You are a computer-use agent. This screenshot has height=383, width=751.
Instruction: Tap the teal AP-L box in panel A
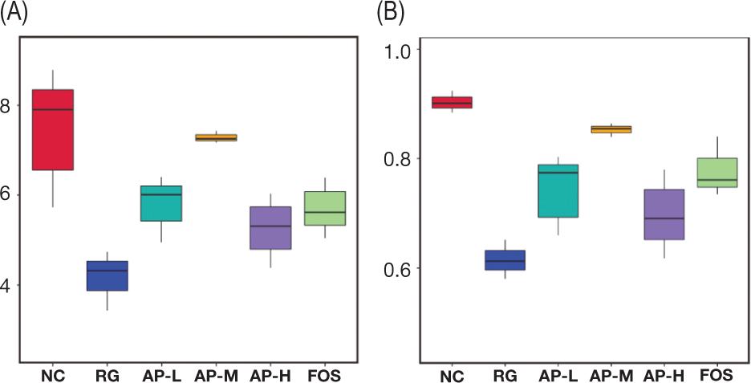tap(160, 203)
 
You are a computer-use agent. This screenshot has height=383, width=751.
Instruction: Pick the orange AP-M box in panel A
tap(216, 137)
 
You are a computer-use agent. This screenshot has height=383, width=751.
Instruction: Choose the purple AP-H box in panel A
tap(270, 228)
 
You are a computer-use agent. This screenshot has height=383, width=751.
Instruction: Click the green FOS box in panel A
tap(324, 208)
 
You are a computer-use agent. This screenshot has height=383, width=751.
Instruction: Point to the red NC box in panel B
tap(453, 102)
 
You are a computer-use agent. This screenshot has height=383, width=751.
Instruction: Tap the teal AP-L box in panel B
tap(558, 190)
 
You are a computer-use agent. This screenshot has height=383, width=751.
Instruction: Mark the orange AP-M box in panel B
tap(611, 129)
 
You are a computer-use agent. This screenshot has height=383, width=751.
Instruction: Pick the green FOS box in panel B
tap(716, 173)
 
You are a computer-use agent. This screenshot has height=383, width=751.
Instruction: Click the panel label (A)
tap(14, 14)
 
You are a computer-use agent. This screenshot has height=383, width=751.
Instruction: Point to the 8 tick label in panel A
tap(7, 105)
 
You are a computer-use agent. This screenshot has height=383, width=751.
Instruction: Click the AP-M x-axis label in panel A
tap(216, 375)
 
